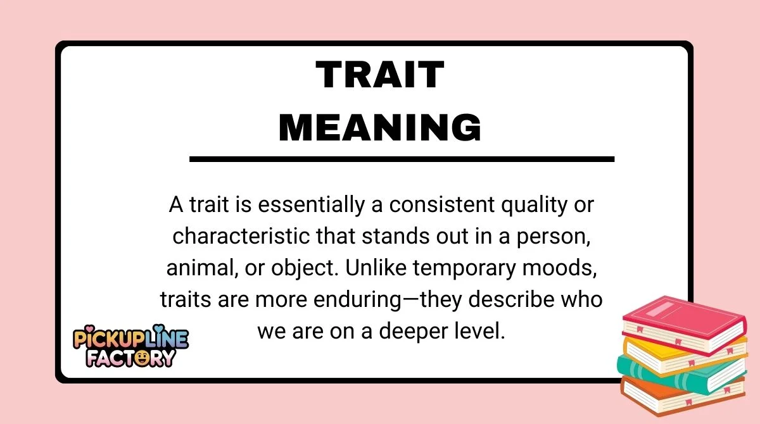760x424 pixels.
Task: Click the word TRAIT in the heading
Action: (379, 76)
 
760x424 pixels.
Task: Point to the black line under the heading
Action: (402, 159)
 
